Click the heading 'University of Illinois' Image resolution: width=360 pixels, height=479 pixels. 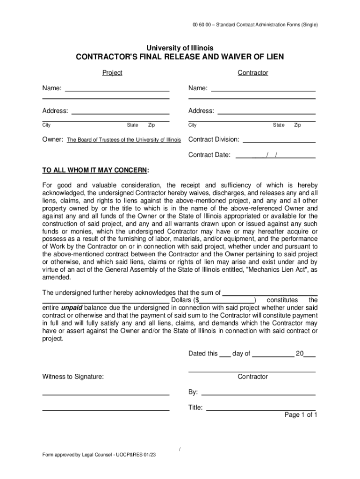pos(180,48)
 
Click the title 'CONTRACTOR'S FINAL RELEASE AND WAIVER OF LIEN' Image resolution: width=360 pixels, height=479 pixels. pos(180,58)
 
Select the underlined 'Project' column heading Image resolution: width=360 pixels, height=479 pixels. pos(112,73)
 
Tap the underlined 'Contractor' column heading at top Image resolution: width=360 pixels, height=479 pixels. pos(252,73)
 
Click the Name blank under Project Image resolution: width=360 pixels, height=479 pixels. pos(116,88)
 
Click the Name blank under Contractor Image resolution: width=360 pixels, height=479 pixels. pos(263,88)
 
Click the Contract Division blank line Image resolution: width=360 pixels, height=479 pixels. pos(279,140)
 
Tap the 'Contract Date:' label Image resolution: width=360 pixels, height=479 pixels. pos(209,155)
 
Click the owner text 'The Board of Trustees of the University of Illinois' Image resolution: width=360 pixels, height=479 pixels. pos(124,140)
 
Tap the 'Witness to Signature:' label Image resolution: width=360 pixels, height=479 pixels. pos(73,377)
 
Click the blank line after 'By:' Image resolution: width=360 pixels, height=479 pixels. pos(258,392)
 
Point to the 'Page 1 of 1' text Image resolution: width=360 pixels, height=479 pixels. pos(301,415)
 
